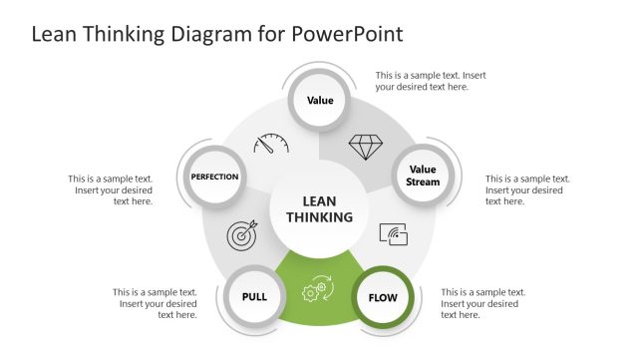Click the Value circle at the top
pyautogui.click(x=319, y=101)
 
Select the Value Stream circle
pyautogui.click(x=422, y=176)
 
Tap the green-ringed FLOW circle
pyautogui.click(x=382, y=297)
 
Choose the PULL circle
pyautogui.click(x=254, y=297)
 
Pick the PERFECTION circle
pyautogui.click(x=214, y=177)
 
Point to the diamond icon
pyautogui.click(x=365, y=147)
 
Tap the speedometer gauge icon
pyautogui.click(x=270, y=145)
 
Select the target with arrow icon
pyautogui.click(x=243, y=234)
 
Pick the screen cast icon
pyautogui.click(x=394, y=234)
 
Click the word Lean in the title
pyautogui.click(x=55, y=34)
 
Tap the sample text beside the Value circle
pyautogui.click(x=430, y=81)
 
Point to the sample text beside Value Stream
pyautogui.click(x=526, y=189)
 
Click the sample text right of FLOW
pyautogui.click(x=482, y=303)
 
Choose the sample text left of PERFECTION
pyautogui.click(x=111, y=189)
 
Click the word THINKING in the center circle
pyautogui.click(x=319, y=217)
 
